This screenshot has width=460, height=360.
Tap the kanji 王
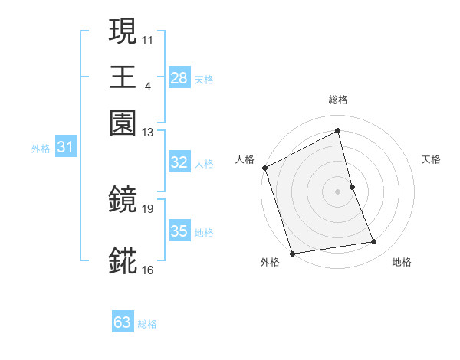tap(123, 77)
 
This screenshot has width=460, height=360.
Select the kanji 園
tap(123, 123)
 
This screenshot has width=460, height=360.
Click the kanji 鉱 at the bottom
tap(123, 260)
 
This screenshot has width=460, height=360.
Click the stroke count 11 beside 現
tap(148, 39)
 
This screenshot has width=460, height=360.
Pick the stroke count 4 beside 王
tap(147, 86)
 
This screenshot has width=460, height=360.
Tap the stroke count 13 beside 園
tap(148, 133)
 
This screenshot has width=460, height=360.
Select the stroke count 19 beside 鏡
tap(148, 208)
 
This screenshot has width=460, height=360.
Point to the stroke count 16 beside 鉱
tap(148, 270)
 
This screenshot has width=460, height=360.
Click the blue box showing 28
tap(179, 77)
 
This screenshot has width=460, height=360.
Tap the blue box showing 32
tap(179, 162)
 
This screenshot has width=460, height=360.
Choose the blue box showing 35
tap(179, 231)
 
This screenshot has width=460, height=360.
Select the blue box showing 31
tap(65, 147)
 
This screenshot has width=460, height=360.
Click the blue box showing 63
tap(123, 322)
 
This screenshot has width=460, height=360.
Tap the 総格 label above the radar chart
tap(338, 100)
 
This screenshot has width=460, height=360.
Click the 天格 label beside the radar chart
tap(432, 159)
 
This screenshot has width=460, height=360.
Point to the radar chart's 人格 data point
tap(264, 168)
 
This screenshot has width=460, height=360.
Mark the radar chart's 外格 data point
tap(292, 254)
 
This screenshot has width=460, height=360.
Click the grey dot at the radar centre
tap(338, 191)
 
